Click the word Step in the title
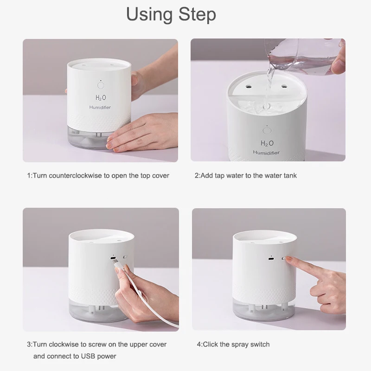pos(198,15)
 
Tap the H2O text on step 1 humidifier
pos(101,98)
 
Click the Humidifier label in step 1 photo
pos(100,108)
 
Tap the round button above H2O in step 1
pos(100,85)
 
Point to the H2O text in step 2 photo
pos(267,143)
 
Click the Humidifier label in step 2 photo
pos(266,153)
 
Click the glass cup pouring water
pos(301,56)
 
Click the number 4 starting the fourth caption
pos(198,344)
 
